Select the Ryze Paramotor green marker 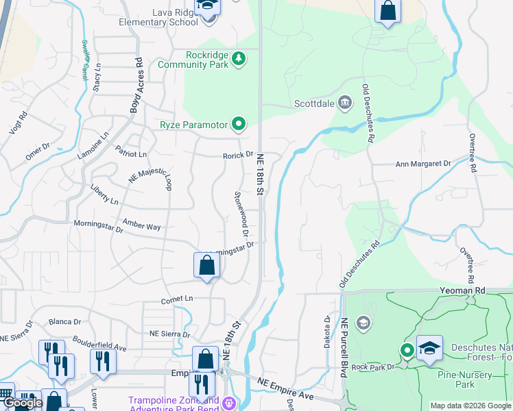coord(239,124)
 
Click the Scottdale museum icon coord(344,104)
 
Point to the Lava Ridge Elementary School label coord(158,17)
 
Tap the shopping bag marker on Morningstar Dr coord(206,266)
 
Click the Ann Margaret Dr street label coord(423,164)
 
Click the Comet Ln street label coord(177,299)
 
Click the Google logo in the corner coord(23,403)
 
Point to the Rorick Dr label coord(238,155)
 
